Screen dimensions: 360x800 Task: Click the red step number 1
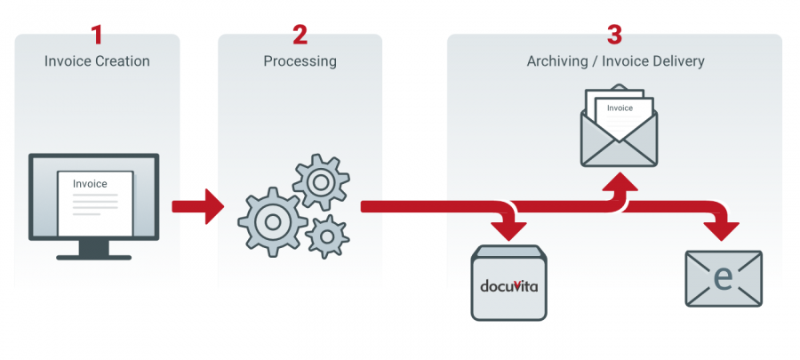click(x=97, y=36)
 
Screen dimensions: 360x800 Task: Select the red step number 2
click(x=300, y=36)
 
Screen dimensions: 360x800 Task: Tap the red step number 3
click(x=614, y=36)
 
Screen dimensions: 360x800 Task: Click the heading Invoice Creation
click(x=97, y=61)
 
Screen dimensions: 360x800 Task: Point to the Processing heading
click(x=300, y=61)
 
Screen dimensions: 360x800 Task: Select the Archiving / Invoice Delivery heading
click(x=614, y=61)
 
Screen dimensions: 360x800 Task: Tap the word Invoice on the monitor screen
click(x=90, y=184)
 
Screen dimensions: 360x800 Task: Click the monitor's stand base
click(x=93, y=255)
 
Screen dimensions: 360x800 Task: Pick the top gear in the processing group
click(x=319, y=182)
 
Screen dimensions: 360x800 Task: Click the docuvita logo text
click(x=508, y=285)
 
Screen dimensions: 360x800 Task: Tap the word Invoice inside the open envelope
click(x=620, y=108)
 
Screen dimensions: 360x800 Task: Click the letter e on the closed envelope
click(x=724, y=278)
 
